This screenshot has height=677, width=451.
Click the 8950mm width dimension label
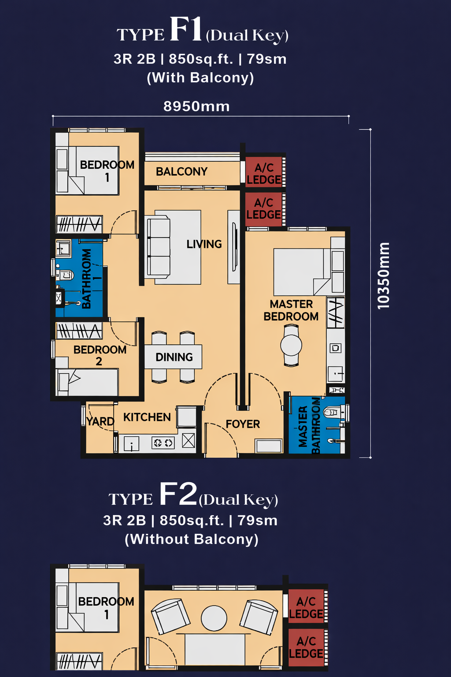pyautogui.click(x=196, y=107)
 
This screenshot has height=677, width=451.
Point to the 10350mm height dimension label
pyautogui.click(x=383, y=275)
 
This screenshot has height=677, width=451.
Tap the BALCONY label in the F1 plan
pyautogui.click(x=181, y=171)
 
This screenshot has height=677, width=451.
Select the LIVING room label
pyautogui.click(x=204, y=244)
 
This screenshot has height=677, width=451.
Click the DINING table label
pyautogui.click(x=174, y=357)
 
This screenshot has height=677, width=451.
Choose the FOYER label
pyautogui.click(x=243, y=424)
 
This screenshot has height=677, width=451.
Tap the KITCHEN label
pyautogui.click(x=147, y=417)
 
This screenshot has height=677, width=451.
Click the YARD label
pyautogui.click(x=100, y=421)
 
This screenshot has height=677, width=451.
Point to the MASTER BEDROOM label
pyautogui.click(x=291, y=310)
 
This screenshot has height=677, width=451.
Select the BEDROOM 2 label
pyautogui.click(x=100, y=355)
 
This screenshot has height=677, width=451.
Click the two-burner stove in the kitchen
pyautogui.click(x=163, y=443)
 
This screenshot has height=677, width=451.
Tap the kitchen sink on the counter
pyautogui.click(x=132, y=444)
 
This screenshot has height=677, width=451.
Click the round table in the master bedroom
pyautogui.click(x=291, y=345)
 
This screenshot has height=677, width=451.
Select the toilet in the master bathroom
pyautogui.click(x=333, y=412)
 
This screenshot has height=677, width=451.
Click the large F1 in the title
pyautogui.click(x=185, y=29)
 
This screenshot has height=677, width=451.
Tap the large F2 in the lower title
pyautogui.click(x=178, y=494)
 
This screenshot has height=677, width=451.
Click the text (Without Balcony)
pyautogui.click(x=192, y=539)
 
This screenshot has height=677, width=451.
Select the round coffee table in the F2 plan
pyautogui.click(x=214, y=618)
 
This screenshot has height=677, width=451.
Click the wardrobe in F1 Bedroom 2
pyautogui.click(x=79, y=330)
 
